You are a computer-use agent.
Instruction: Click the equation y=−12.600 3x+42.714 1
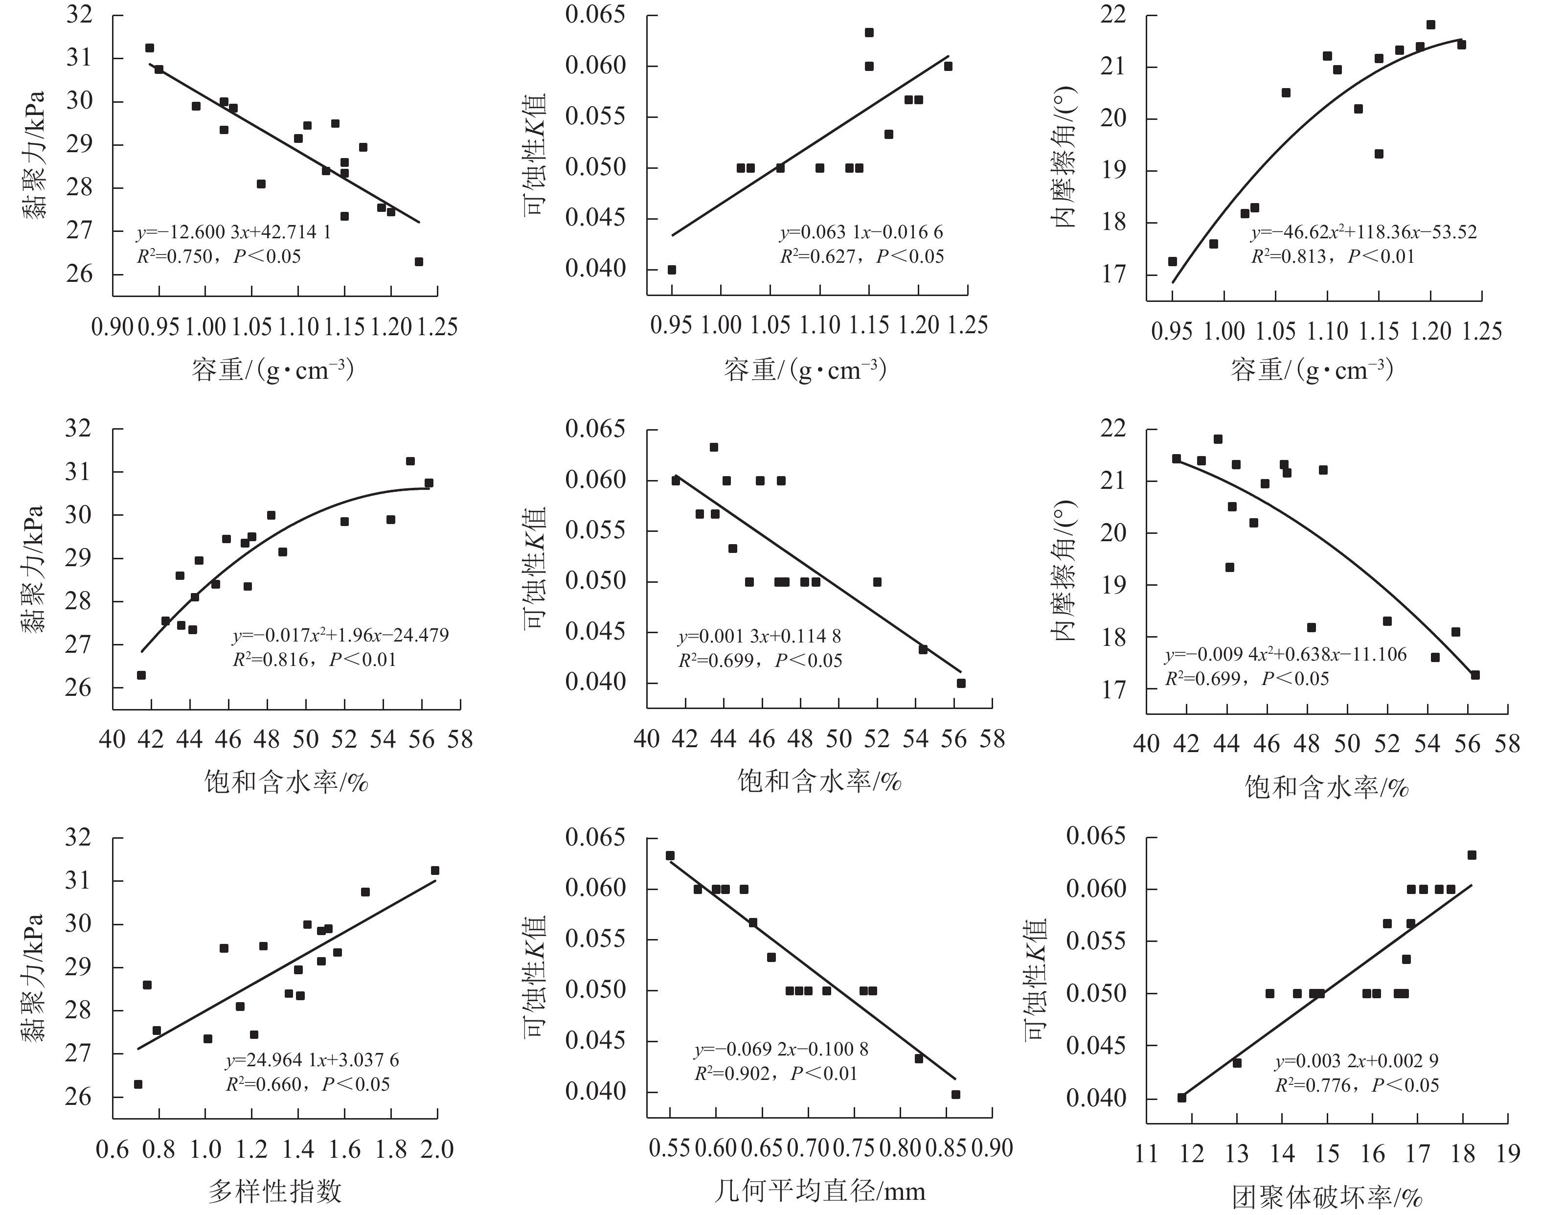tap(233, 232)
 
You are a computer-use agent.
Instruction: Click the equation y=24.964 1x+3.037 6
tap(312, 1060)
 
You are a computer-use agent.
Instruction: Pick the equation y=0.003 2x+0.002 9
tap(1357, 1061)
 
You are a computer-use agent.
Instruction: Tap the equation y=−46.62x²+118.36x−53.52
tap(1364, 232)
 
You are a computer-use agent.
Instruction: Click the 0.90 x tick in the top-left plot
tap(113, 327)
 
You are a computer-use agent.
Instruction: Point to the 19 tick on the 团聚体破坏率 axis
tap(1508, 1153)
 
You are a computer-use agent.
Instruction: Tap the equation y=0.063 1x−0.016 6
tap(861, 232)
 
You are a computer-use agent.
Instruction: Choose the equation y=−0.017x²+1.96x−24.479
tap(340, 635)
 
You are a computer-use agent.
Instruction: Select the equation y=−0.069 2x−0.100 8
tap(781, 1049)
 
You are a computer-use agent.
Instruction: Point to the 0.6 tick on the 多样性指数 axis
tap(113, 1149)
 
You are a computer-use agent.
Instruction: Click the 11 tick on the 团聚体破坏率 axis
tap(1146, 1153)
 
